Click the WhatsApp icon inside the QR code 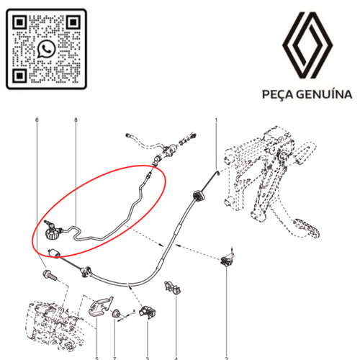pyautogui.click(x=47, y=49)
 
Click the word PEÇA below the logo pyautogui.click(x=276, y=94)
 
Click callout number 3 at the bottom pyautogui.click(x=146, y=357)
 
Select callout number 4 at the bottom pyautogui.click(x=176, y=357)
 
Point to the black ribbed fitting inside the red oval pyautogui.click(x=51, y=233)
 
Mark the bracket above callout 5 pyautogui.click(x=98, y=307)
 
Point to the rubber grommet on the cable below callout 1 pyautogui.click(x=196, y=193)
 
